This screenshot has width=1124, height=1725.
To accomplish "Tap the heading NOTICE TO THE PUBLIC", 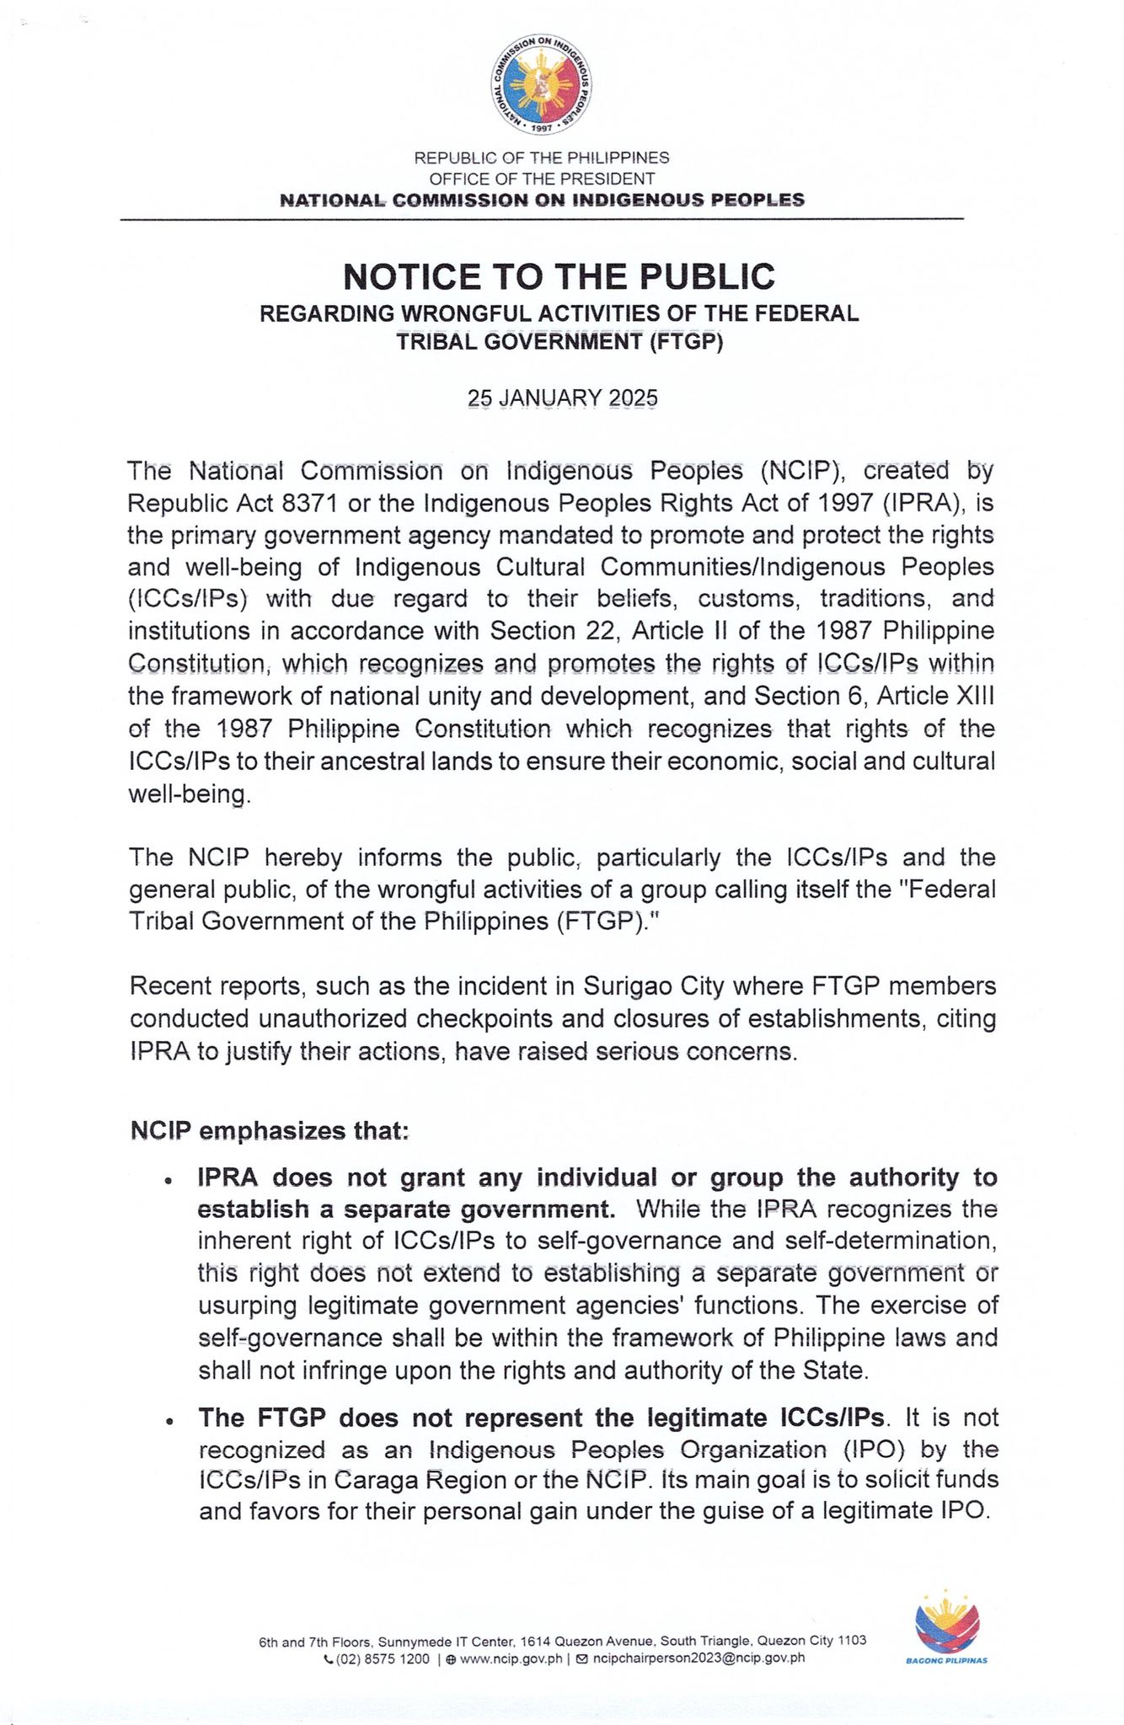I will (559, 276).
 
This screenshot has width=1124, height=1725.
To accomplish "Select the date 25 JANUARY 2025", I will (562, 398).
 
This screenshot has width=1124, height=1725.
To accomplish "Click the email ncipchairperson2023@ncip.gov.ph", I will (698, 1658).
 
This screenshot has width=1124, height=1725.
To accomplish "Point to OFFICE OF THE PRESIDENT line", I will (542, 179).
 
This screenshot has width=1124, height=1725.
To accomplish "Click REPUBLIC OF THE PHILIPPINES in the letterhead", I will (542, 158).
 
